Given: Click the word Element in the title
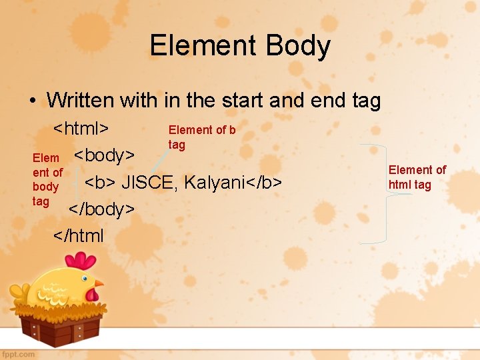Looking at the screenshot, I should (x=203, y=46).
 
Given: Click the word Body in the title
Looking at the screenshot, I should (x=298, y=46).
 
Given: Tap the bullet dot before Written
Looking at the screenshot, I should (x=32, y=101).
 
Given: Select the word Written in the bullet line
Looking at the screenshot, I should (x=81, y=101).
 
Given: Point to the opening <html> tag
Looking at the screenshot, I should (x=81, y=128).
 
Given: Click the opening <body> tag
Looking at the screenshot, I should (x=104, y=155).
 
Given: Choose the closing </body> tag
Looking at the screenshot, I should (x=102, y=209).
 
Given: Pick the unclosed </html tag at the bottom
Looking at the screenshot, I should (x=79, y=235).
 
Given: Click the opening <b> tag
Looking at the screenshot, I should (x=100, y=182).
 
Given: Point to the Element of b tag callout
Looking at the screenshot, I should (x=201, y=137).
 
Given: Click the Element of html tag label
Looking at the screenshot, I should (x=417, y=177).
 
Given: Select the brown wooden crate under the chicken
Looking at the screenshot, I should (x=61, y=327).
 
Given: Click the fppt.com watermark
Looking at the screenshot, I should (x=18, y=354).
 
